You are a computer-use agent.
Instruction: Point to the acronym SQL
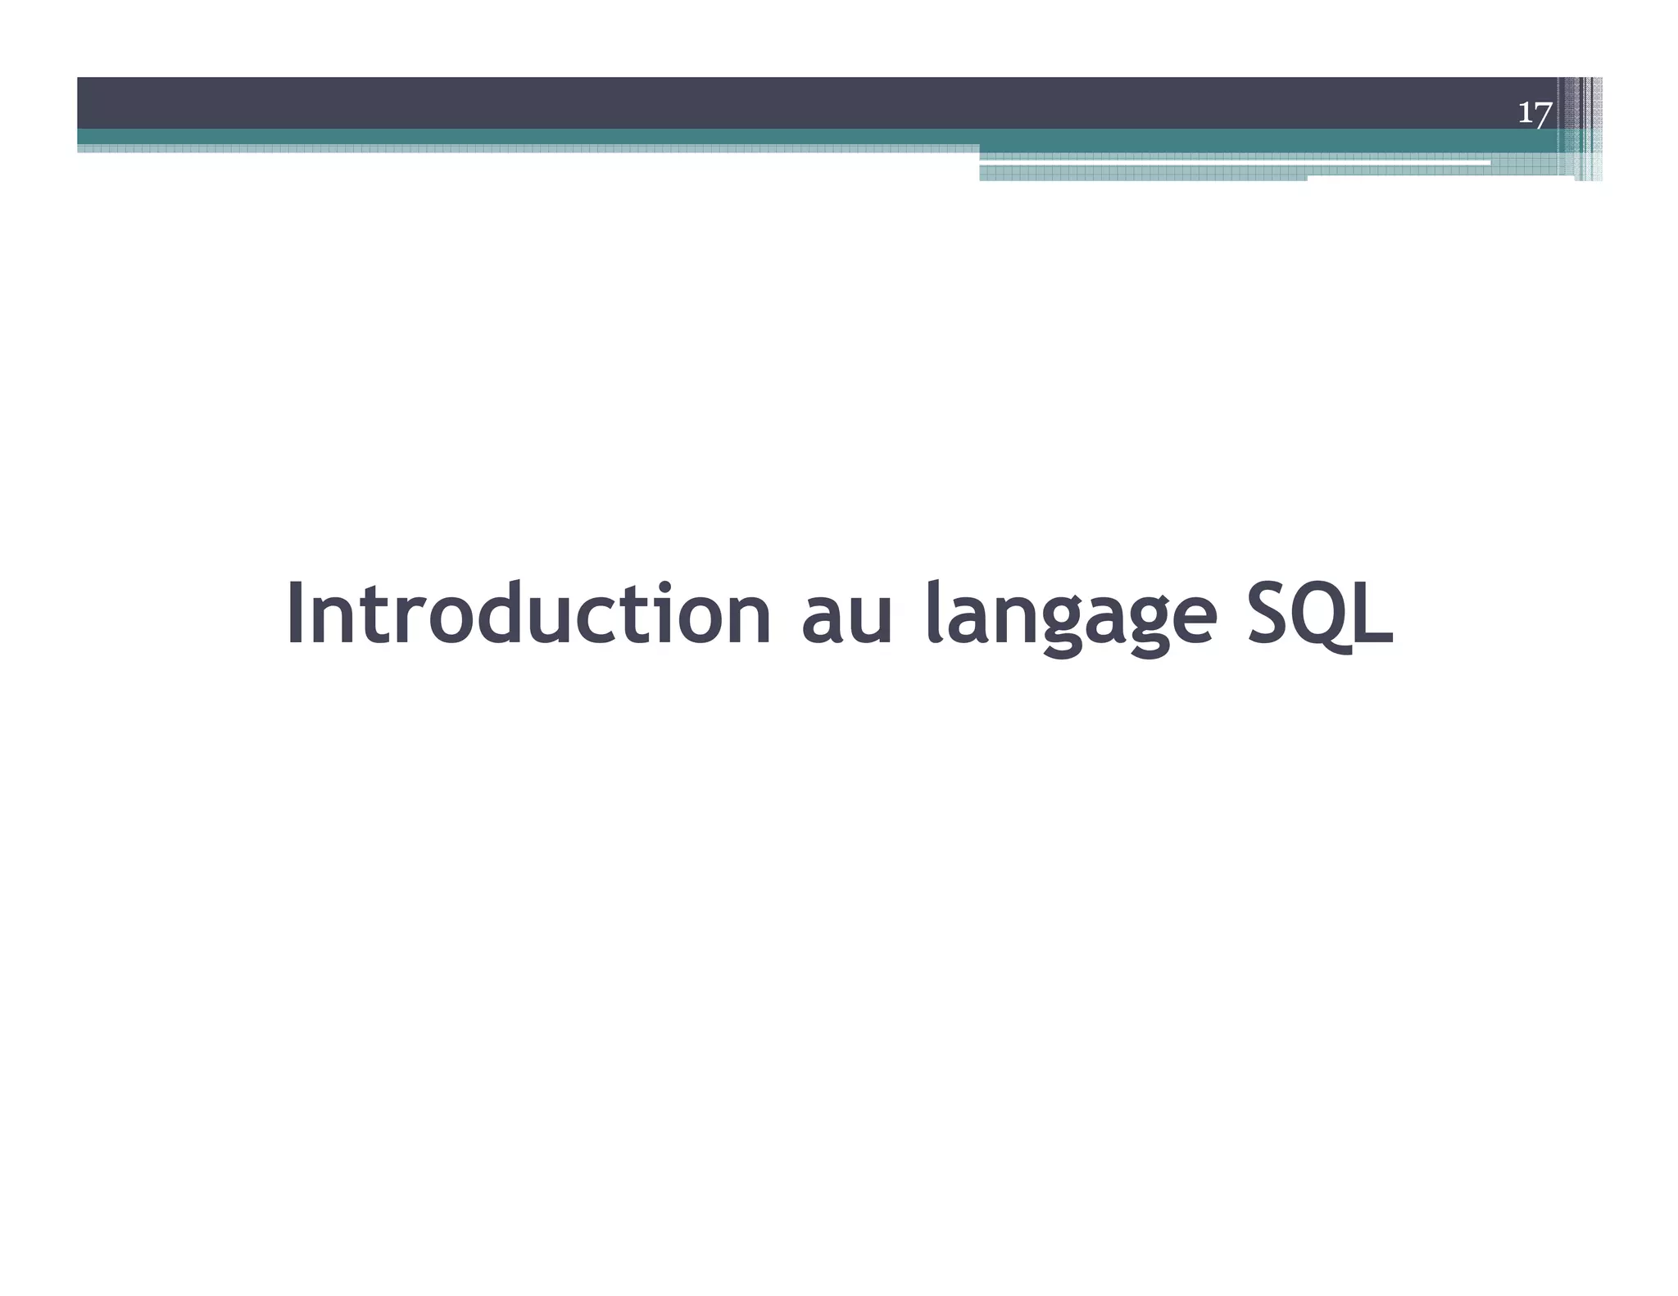click(x=1319, y=614)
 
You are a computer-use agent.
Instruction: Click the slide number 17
click(x=1534, y=112)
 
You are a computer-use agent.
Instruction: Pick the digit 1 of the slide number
click(x=1526, y=112)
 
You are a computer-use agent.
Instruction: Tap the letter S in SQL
click(x=1268, y=614)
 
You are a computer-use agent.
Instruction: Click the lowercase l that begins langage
click(x=932, y=612)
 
